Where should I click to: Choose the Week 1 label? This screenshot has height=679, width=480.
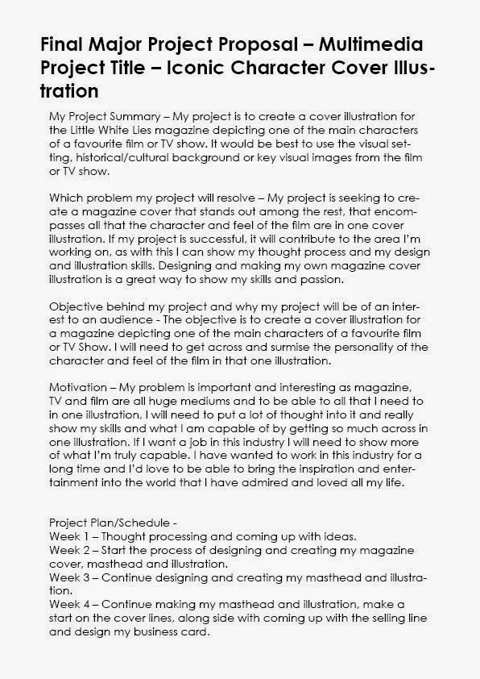pos(70,536)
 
